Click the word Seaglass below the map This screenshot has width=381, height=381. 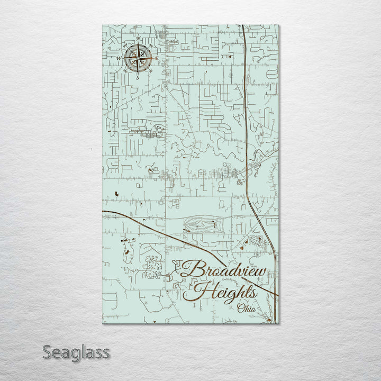click(x=76, y=352)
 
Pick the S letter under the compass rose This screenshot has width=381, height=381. click(x=138, y=77)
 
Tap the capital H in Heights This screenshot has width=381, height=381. click(x=202, y=291)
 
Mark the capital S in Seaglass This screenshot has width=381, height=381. click(x=48, y=352)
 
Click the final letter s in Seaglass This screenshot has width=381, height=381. click(x=106, y=352)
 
